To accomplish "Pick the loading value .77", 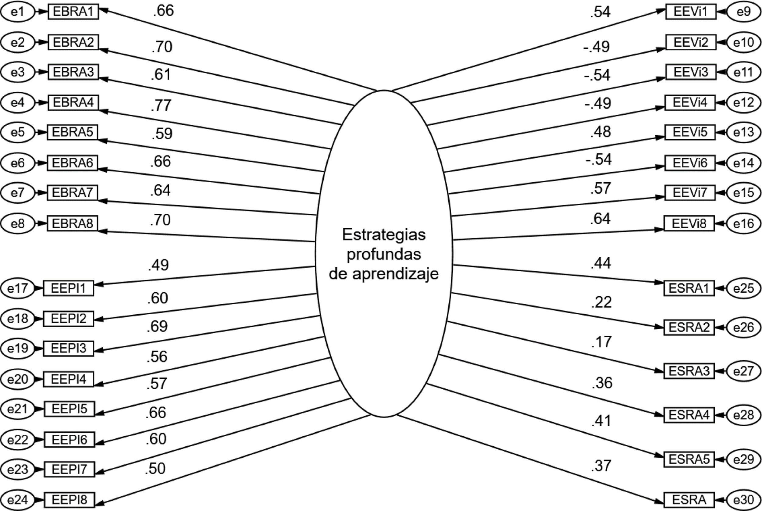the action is coord(161,105).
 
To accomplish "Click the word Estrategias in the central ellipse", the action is coord(384,235).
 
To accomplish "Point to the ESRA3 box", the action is coord(689,371).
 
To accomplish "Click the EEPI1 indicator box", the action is coord(68,288).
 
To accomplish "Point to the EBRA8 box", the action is coord(72,223).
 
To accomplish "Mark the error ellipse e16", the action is coord(744,223).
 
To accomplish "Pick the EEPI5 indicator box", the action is coord(69,409).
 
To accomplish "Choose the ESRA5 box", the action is coord(689,459).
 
